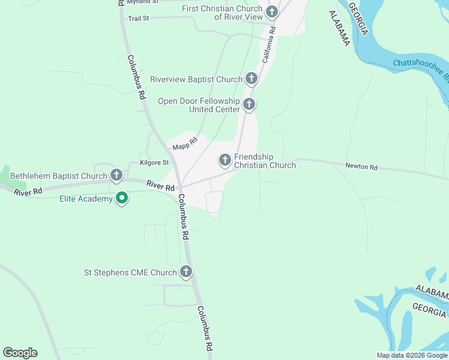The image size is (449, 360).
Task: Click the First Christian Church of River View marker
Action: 272,11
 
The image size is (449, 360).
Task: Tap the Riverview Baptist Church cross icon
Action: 252,79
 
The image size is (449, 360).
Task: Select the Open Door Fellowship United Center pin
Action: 249,105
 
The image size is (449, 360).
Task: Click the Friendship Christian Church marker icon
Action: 224,160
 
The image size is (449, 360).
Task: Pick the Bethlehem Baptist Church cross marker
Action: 116,176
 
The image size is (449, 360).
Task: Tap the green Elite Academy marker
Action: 122,198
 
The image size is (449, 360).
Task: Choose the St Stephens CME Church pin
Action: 186,272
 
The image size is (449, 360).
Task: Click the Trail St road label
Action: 138,19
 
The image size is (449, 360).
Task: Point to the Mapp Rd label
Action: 185,145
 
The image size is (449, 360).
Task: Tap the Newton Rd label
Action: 361,167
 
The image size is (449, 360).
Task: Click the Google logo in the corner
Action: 20,353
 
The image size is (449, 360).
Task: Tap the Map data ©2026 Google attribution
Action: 412,355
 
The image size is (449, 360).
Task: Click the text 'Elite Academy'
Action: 86,199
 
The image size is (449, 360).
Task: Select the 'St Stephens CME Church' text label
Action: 130,272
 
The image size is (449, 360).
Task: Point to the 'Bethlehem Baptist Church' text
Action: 58,176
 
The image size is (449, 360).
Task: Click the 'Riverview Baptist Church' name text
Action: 196,79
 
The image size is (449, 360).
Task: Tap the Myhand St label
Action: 142,2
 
